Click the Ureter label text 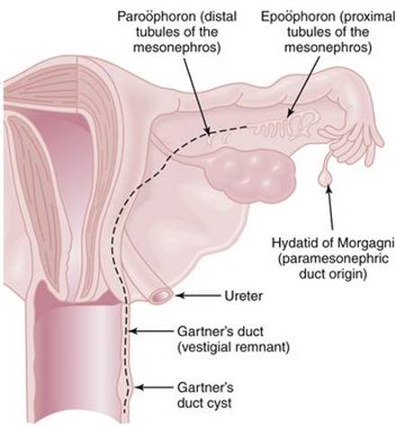[x=244, y=296]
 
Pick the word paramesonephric [x=333, y=259]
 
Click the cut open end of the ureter [x=161, y=296]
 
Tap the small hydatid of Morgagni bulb [x=325, y=177]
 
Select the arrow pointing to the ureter [x=199, y=296]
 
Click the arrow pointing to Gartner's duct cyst [x=154, y=387]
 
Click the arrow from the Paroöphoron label [x=196, y=95]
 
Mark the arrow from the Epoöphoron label [x=303, y=87]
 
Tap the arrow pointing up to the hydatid [x=330, y=208]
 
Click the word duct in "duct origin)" [x=312, y=274]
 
